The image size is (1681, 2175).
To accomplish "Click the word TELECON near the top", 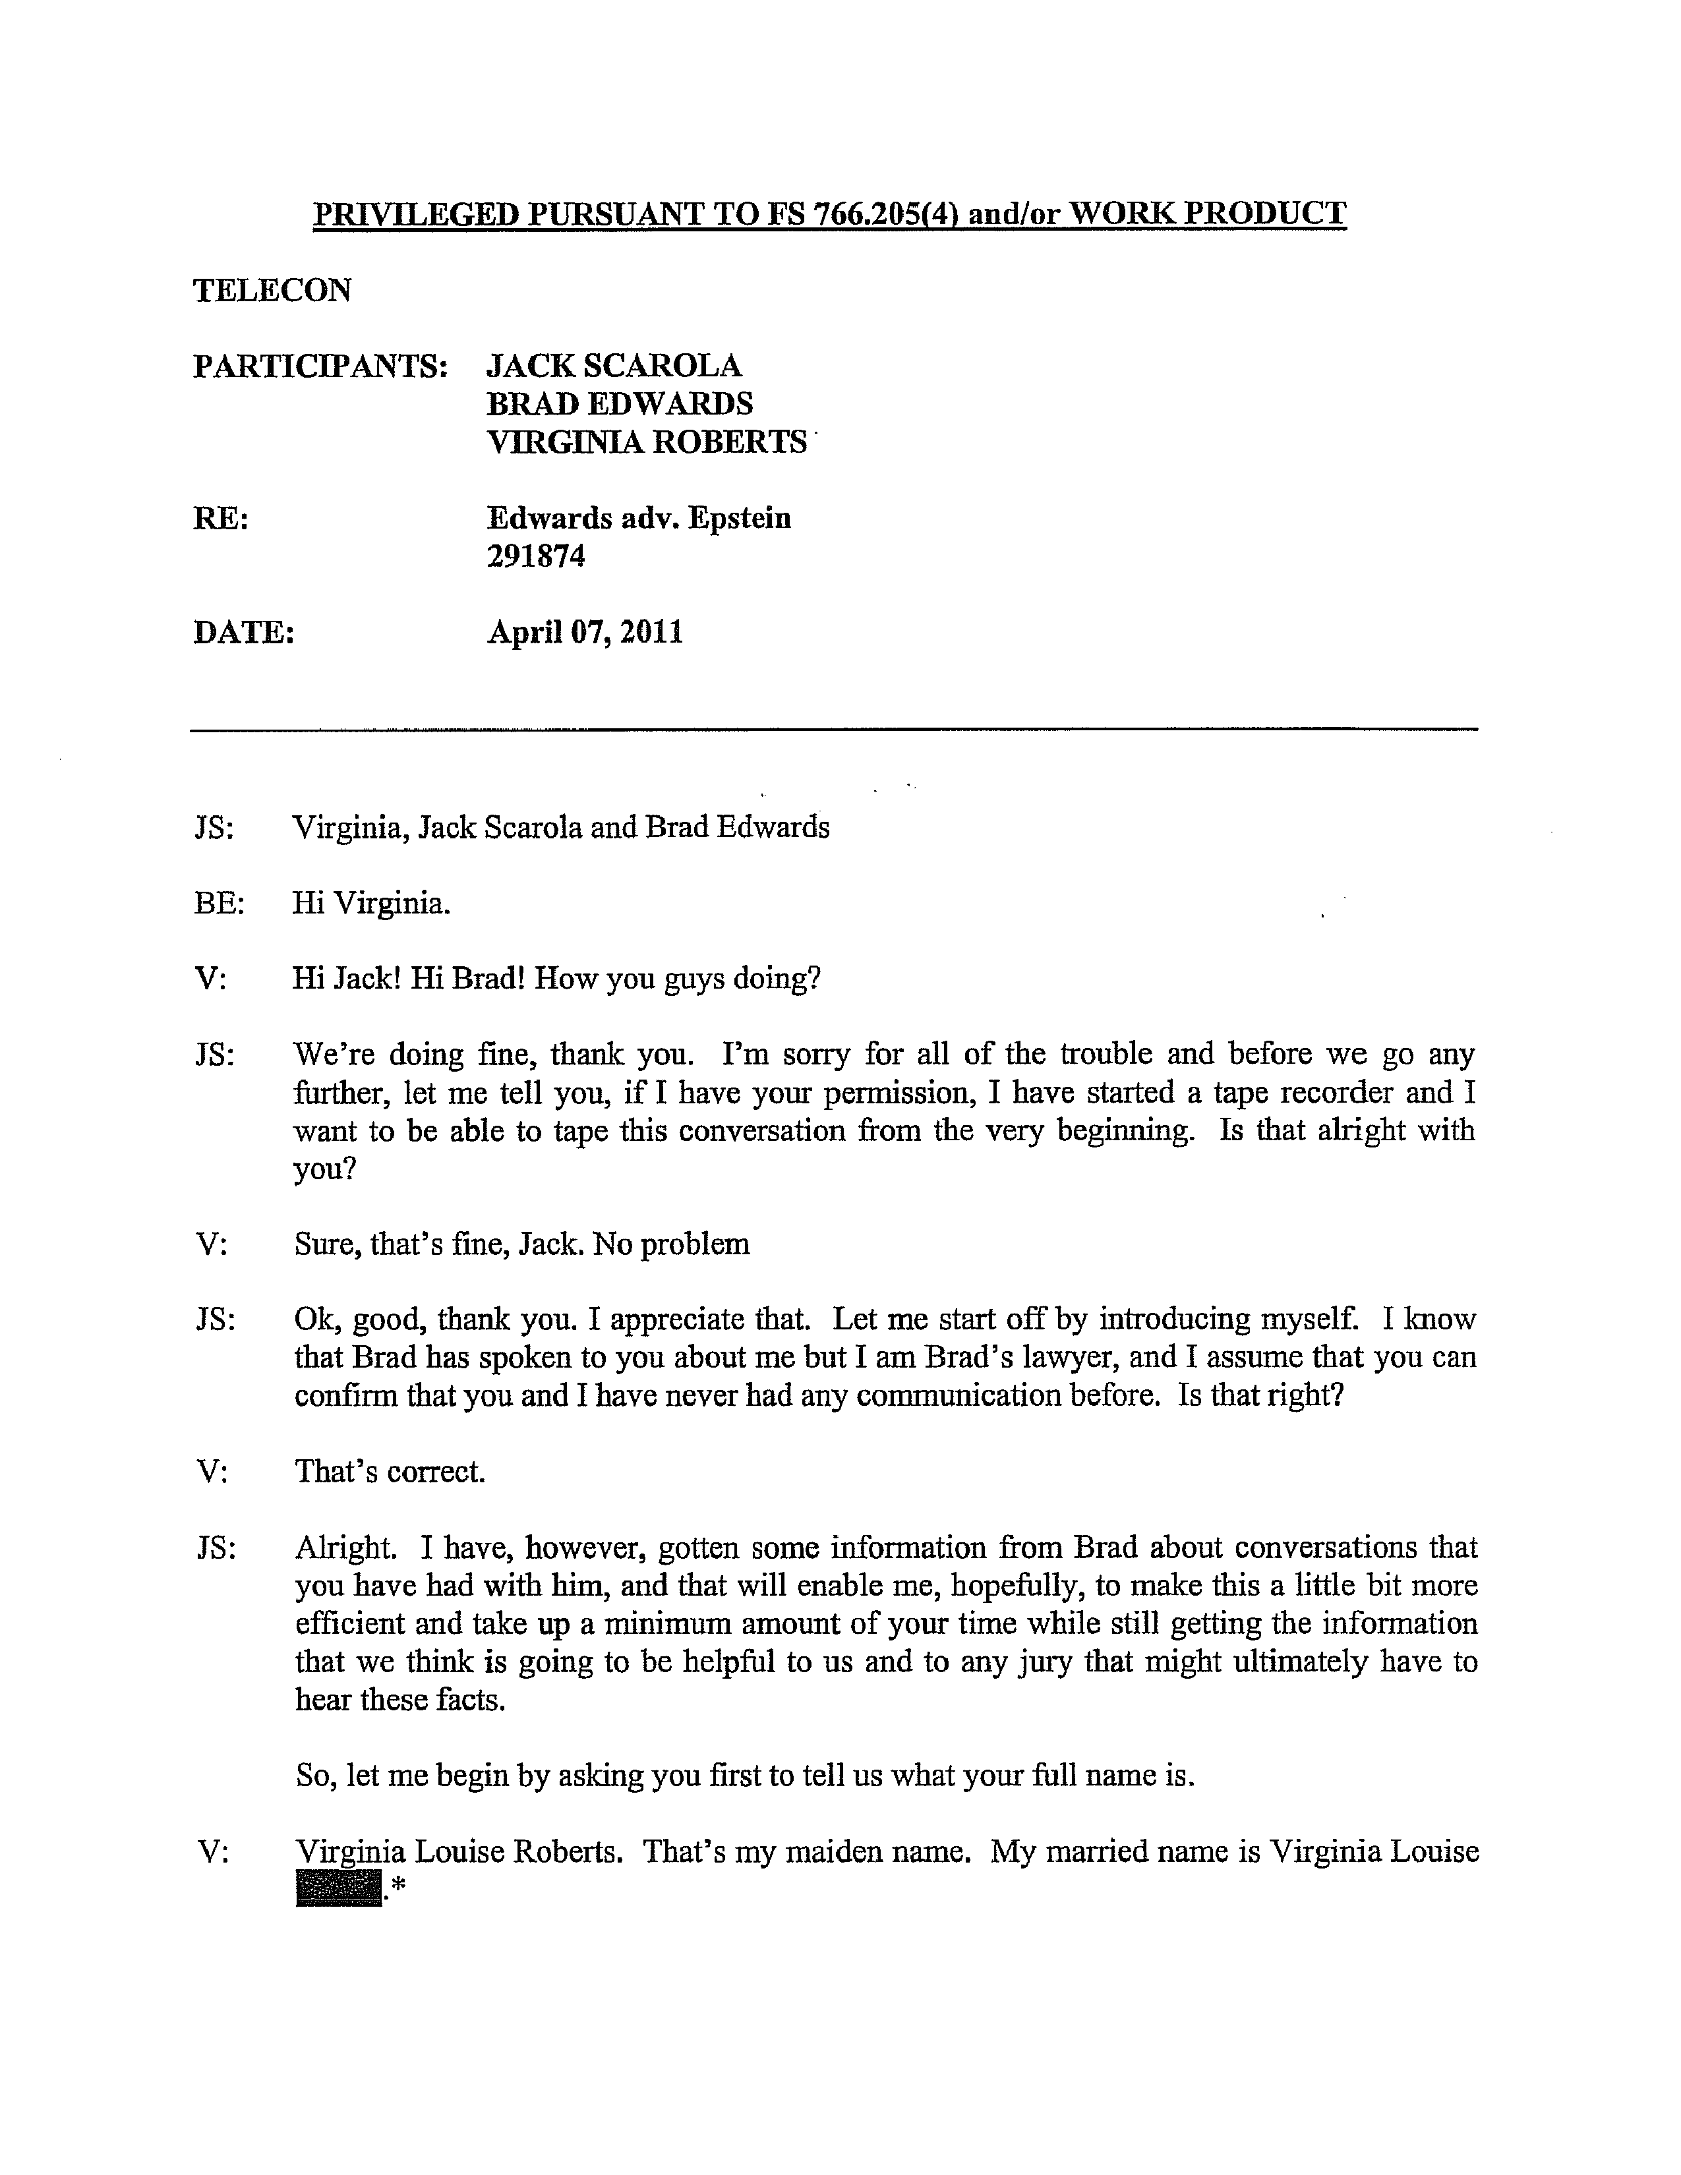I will [272, 290].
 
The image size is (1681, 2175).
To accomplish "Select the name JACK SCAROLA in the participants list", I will [614, 366].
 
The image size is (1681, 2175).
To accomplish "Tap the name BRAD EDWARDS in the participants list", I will [620, 403].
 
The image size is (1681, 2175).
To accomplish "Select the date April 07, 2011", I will [585, 632].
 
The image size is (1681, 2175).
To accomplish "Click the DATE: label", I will [244, 632].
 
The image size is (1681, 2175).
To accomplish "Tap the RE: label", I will [220, 519].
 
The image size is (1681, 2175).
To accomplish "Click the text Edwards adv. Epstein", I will [638, 518].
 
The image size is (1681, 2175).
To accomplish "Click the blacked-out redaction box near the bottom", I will [339, 1888].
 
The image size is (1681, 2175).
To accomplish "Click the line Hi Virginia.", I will [371, 903].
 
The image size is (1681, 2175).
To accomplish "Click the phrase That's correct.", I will [390, 1471].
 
